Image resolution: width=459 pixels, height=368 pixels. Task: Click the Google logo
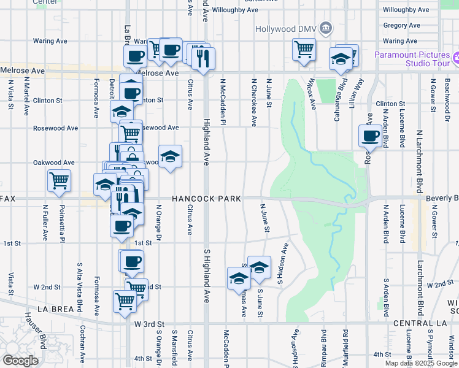(20, 361)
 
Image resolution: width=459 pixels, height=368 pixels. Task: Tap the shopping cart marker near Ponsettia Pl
(60, 181)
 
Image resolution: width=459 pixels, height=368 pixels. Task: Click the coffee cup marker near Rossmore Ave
(371, 136)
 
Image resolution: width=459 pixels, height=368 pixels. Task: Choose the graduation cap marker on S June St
(259, 267)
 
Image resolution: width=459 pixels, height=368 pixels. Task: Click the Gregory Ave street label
(402, 26)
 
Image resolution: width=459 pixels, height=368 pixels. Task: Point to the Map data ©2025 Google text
(420, 362)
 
